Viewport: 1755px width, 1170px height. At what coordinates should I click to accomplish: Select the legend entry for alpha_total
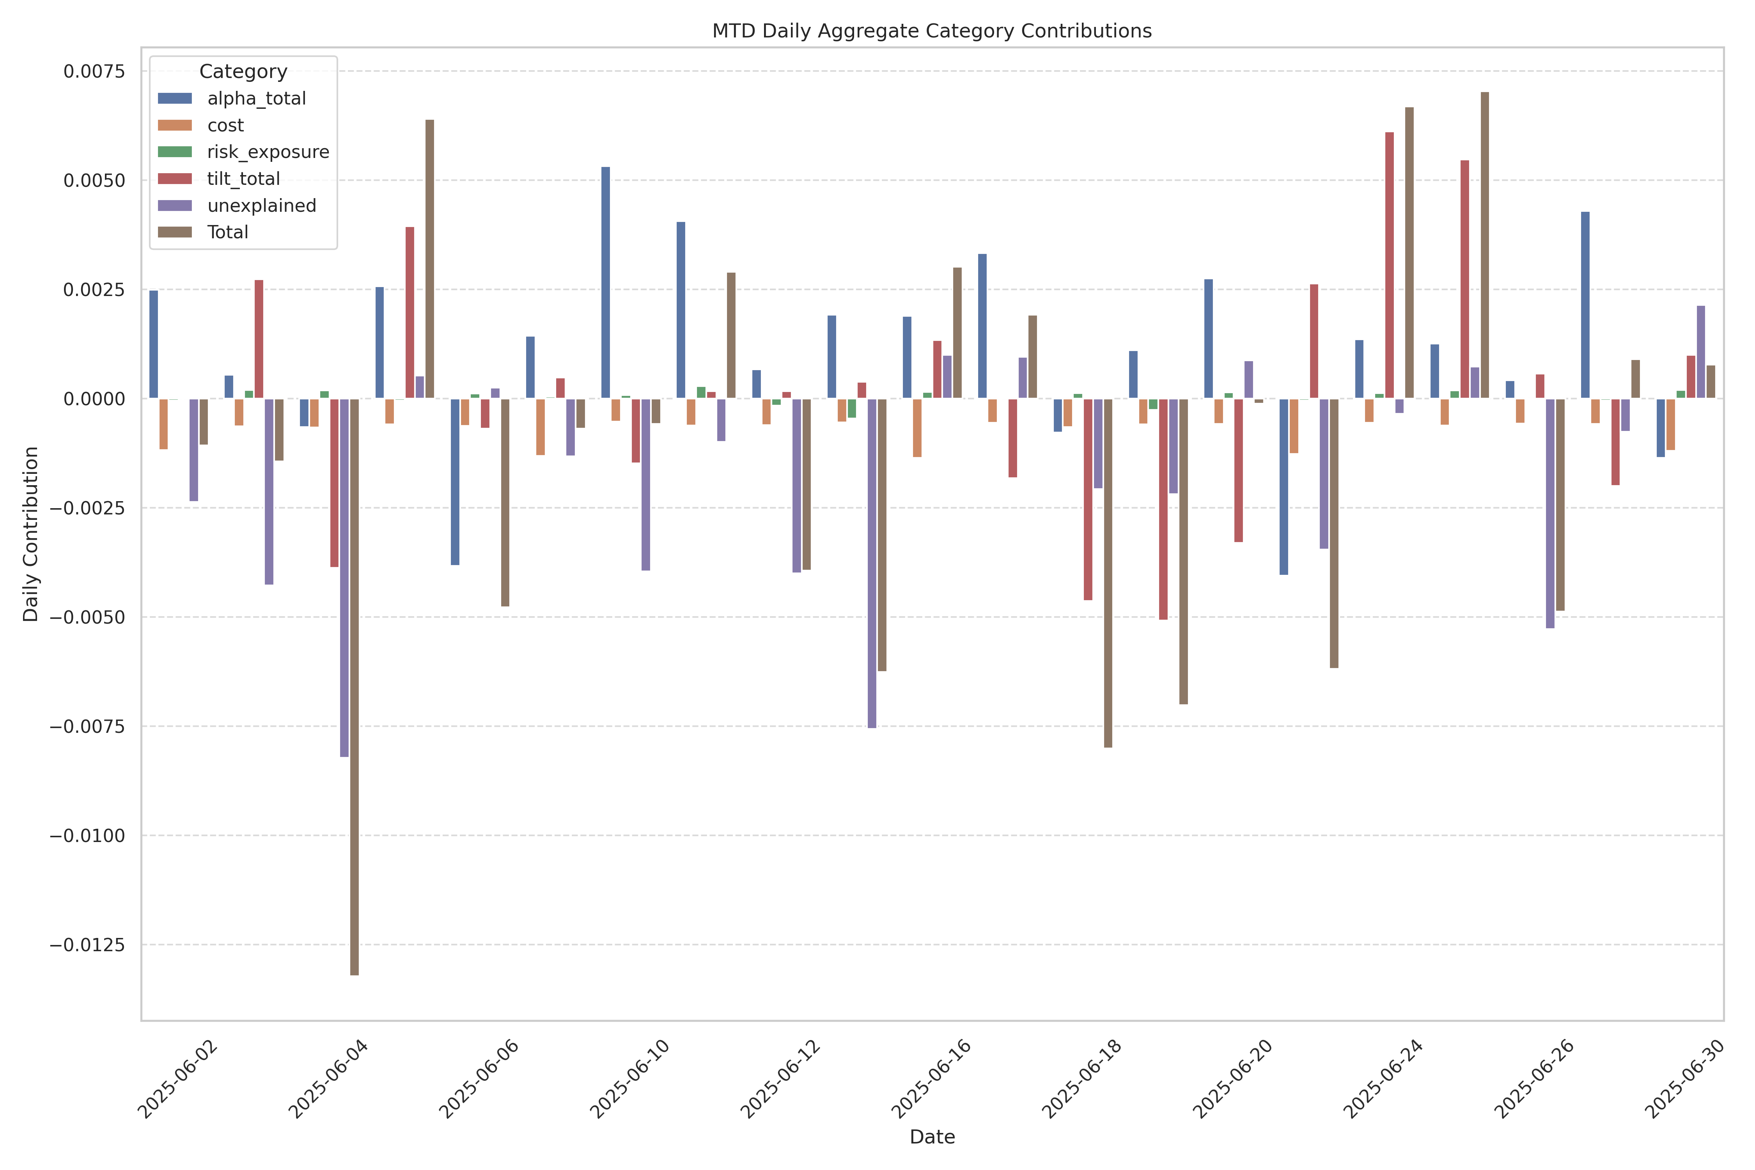coord(256,99)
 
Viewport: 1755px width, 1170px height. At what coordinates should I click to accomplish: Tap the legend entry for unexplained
coord(261,206)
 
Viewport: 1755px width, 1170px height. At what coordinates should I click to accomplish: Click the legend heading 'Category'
coord(243,72)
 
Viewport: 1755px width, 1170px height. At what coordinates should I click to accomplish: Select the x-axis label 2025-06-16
coord(931,1078)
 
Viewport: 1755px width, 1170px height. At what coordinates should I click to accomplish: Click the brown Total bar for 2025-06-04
coord(355,686)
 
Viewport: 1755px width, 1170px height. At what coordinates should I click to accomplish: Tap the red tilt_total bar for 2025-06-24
coord(1389,265)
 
